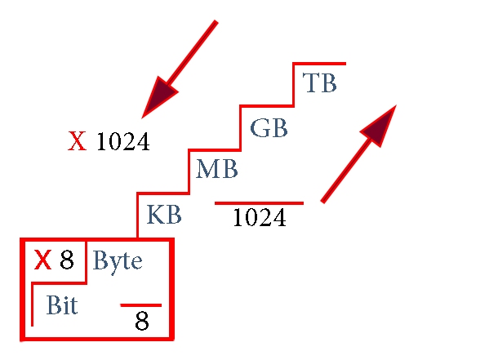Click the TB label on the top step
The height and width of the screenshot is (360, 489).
[x=320, y=83]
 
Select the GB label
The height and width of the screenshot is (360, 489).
[x=269, y=128]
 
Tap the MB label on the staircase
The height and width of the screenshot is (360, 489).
[x=217, y=168]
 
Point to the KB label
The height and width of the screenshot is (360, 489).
[x=164, y=215]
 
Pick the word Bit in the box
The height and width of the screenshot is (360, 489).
[x=62, y=304]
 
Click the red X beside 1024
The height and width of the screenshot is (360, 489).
[x=77, y=141]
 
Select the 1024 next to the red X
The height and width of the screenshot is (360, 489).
[x=123, y=141]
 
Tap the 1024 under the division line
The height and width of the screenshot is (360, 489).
[x=260, y=217]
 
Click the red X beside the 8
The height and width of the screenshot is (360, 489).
[x=42, y=260]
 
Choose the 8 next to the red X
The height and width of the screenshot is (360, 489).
[x=67, y=260]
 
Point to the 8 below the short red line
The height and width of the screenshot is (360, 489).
[x=142, y=320]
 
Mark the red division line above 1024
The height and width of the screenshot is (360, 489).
[x=259, y=203]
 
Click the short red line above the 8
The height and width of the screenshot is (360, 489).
[x=141, y=305]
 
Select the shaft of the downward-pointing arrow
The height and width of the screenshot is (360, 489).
[x=192, y=53]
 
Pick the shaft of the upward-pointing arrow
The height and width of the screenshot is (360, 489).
[x=346, y=171]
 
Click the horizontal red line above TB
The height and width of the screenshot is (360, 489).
[x=319, y=64]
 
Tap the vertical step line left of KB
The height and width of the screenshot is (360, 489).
[x=137, y=216]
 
